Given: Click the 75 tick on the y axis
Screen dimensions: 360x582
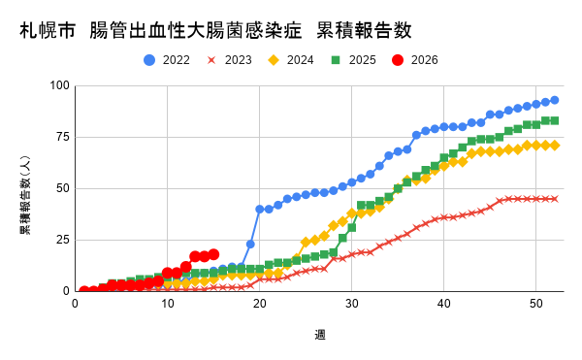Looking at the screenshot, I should point(62,137).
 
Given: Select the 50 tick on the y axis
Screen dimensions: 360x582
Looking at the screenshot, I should point(62,188).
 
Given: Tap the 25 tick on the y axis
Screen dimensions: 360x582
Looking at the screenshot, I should point(62,240).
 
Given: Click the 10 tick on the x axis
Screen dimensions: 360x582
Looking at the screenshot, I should point(167,304).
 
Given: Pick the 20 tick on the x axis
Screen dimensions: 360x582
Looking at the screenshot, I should point(259,304).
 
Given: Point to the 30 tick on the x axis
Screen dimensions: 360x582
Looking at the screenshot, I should point(351,304).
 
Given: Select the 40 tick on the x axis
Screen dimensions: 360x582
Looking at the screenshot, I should point(443,304).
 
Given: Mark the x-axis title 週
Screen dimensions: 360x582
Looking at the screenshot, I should point(319,335).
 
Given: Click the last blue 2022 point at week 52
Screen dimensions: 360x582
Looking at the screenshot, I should point(554,100).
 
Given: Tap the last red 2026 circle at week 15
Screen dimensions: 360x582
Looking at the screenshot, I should point(213,254).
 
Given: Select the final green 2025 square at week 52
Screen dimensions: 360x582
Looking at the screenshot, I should point(554,120).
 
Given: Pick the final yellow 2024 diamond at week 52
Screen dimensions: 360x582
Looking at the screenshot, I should point(554,146).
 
